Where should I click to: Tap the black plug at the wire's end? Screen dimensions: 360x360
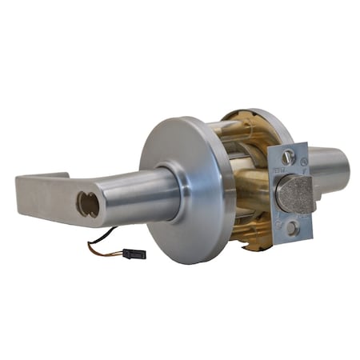pyautogui.click(x=134, y=254)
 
